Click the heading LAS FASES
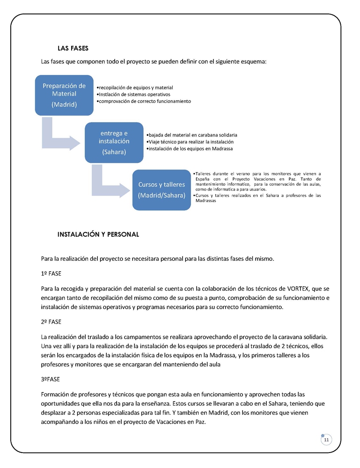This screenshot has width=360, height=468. click(73, 48)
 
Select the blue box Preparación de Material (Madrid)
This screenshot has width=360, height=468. click(64, 95)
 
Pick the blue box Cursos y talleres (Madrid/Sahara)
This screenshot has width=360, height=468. click(162, 190)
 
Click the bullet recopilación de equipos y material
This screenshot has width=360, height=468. click(135, 88)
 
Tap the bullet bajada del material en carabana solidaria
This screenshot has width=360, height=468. click(192, 135)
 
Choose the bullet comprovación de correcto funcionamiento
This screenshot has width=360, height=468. click(144, 101)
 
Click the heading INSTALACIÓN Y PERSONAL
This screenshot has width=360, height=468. click(98, 234)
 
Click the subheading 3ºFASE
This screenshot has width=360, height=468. click(50, 379)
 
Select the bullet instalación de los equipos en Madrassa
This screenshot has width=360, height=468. click(190, 148)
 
